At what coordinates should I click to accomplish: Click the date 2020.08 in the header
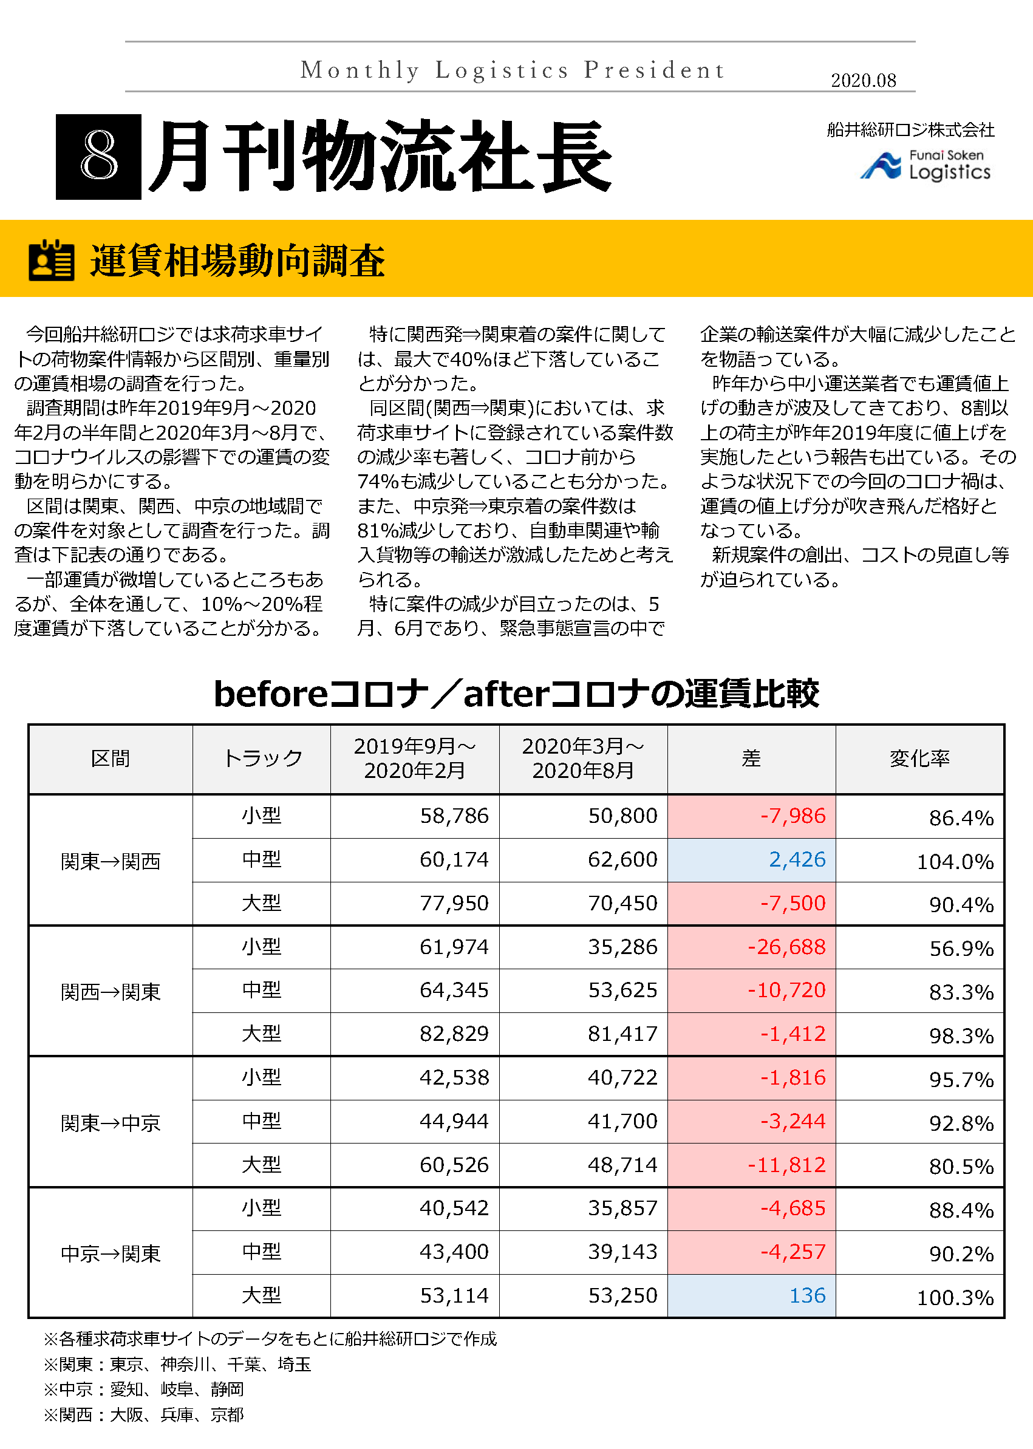click(x=863, y=80)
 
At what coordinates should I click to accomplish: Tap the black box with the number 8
click(x=98, y=157)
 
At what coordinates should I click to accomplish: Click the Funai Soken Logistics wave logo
click(x=881, y=166)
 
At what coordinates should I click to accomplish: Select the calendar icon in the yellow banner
click(x=52, y=260)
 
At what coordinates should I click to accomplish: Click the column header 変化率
click(x=919, y=759)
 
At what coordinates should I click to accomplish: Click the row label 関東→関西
click(x=111, y=861)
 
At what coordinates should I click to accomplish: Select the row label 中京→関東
click(x=111, y=1253)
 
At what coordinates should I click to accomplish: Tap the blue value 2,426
click(x=796, y=860)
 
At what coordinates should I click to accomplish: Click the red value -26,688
click(x=786, y=947)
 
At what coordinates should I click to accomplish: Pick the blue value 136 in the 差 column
click(x=806, y=1296)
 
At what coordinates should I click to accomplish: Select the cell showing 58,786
click(x=454, y=816)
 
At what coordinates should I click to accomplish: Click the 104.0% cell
click(x=955, y=862)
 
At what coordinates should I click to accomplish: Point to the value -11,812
click(x=786, y=1165)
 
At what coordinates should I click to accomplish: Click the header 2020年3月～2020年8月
click(x=582, y=759)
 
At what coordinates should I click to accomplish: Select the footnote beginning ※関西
click(x=144, y=1414)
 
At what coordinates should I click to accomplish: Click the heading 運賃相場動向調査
click(x=237, y=261)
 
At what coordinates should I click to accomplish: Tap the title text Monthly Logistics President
click(x=513, y=70)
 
